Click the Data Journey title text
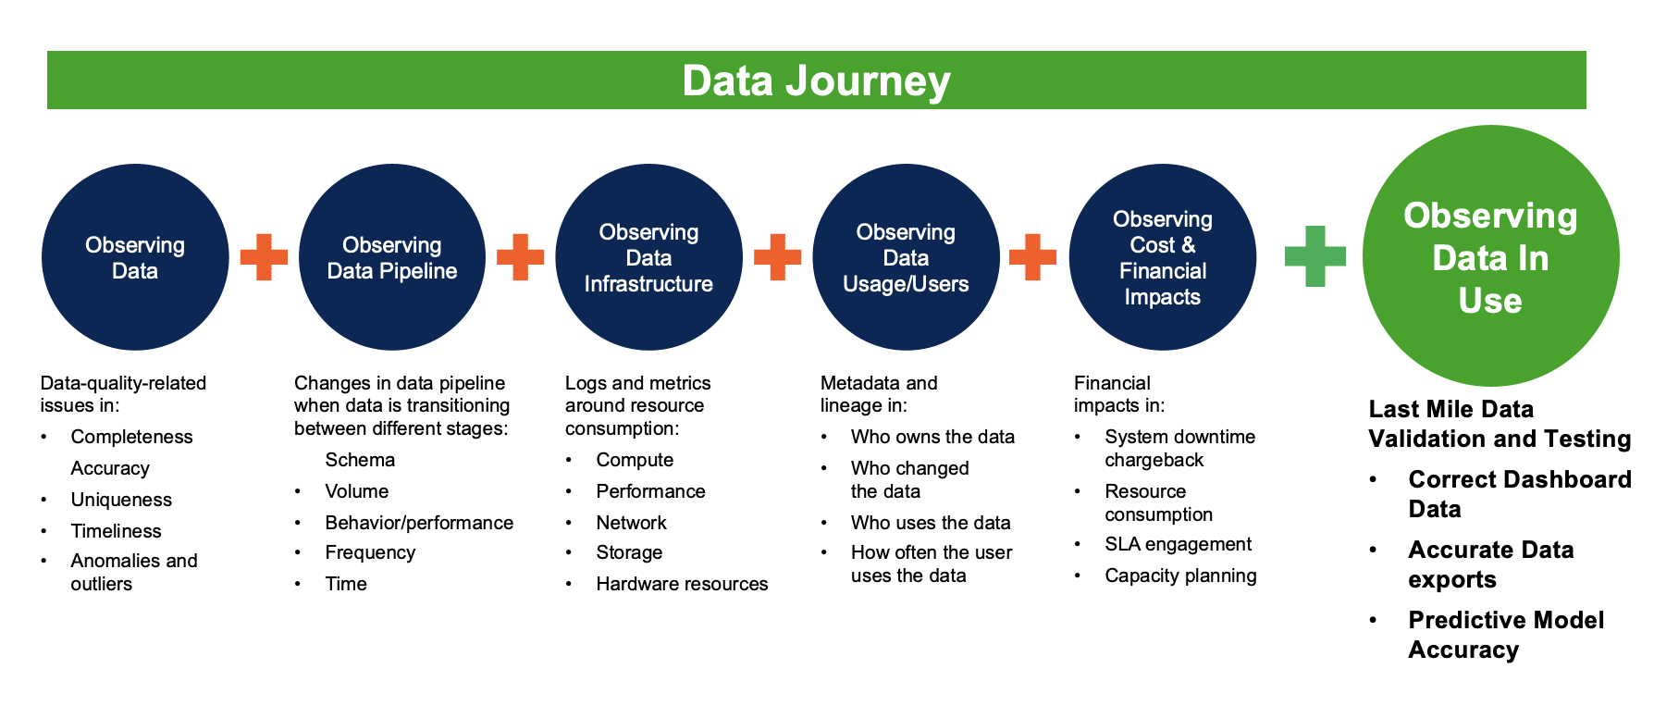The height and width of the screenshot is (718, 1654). [x=816, y=80]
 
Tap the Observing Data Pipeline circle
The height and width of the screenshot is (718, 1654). [x=392, y=257]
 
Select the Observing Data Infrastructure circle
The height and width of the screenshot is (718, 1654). [x=648, y=257]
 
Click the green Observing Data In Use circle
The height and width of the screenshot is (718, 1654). [x=1490, y=257]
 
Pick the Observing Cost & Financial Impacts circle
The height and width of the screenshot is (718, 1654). [x=1162, y=257]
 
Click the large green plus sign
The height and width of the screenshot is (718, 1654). [x=1315, y=256]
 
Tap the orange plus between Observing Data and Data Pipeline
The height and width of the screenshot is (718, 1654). [x=264, y=257]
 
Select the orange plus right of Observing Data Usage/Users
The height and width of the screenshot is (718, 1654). [x=1032, y=257]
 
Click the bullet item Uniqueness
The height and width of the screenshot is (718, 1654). [x=121, y=500]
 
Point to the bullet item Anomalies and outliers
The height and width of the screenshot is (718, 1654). [x=133, y=572]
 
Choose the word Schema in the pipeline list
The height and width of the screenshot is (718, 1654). [x=360, y=460]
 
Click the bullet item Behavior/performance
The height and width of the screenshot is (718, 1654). [x=419, y=523]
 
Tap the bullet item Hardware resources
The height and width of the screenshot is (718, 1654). [x=682, y=584]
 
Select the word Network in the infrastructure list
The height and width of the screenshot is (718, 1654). [x=631, y=523]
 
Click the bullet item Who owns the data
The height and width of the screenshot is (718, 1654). [x=932, y=437]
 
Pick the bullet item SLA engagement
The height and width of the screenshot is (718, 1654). [x=1178, y=544]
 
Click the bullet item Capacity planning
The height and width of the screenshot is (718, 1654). [x=1180, y=576]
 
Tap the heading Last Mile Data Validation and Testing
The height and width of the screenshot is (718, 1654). [x=1499, y=424]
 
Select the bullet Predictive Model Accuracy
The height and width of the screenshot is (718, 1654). [x=1505, y=635]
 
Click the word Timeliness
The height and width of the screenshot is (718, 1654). [x=116, y=531]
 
